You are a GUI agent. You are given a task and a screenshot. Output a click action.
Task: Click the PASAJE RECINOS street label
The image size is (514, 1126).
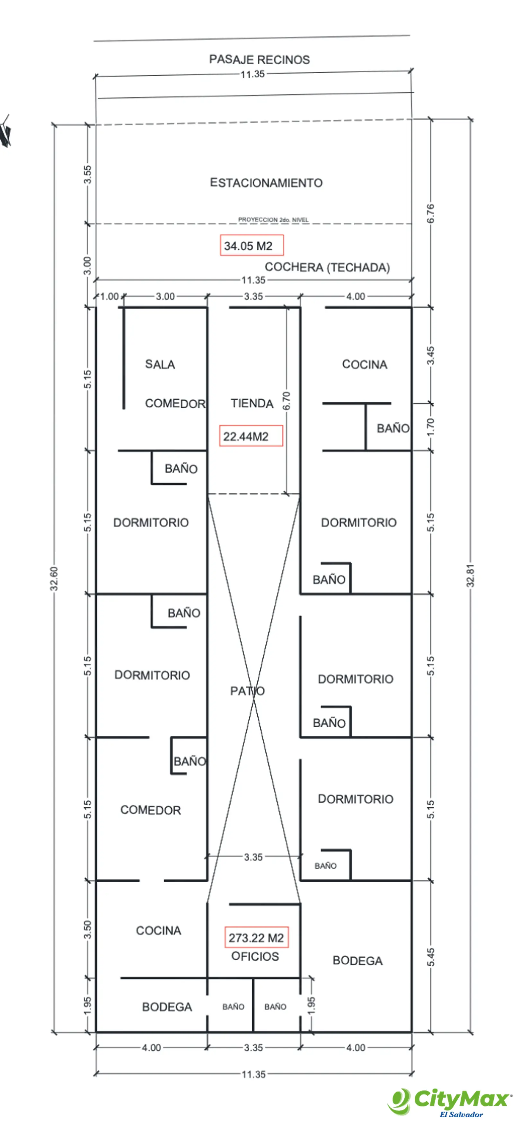(259, 59)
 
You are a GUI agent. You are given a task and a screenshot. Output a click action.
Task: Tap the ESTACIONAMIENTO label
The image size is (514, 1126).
(266, 183)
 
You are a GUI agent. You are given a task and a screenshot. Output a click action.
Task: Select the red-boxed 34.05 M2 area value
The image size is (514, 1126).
(252, 245)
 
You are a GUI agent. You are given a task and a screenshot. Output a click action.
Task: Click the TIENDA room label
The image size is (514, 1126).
(252, 403)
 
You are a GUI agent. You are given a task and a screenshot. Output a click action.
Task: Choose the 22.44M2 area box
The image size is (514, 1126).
(251, 436)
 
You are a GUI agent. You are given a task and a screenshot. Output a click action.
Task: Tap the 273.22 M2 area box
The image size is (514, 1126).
(256, 937)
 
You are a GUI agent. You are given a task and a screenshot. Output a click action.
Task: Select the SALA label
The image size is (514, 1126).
(160, 364)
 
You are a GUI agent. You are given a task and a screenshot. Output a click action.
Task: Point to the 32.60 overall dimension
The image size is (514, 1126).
(54, 579)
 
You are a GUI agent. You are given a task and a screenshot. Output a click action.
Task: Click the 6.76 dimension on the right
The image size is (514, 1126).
(430, 213)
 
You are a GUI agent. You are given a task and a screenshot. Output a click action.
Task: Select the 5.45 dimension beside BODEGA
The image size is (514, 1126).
(430, 957)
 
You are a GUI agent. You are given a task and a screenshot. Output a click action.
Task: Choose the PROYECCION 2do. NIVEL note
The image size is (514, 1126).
(273, 219)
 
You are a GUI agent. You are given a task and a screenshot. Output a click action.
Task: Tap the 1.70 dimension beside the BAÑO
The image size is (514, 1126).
(430, 427)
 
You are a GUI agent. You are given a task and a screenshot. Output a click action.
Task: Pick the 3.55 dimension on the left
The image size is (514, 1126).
(87, 174)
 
